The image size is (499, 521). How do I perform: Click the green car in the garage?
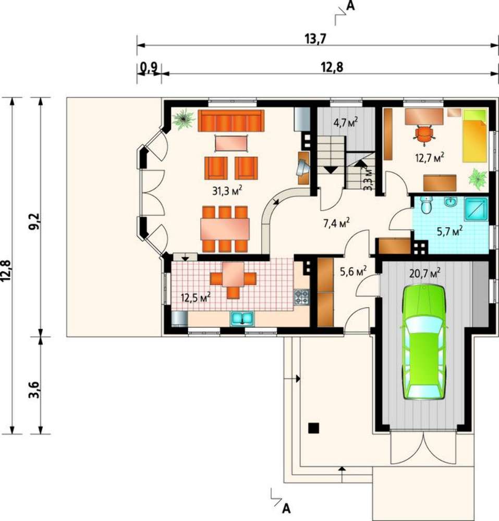424,342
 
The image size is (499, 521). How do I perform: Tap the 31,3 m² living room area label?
227,191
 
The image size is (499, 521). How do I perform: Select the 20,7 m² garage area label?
425,273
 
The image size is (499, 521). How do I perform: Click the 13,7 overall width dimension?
315,39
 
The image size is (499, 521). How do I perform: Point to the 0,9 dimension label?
148,67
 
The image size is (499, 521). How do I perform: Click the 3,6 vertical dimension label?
34,390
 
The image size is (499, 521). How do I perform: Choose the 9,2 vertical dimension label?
34,221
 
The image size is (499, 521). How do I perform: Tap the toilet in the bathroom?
426,205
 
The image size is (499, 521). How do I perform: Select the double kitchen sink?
242,318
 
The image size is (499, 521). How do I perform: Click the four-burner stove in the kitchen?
301,297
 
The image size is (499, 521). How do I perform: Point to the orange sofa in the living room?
231,121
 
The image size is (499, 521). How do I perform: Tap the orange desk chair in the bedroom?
424,135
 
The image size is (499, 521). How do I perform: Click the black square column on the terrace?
313,428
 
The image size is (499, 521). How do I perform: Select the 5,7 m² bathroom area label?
450,231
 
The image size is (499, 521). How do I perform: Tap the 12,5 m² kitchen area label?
196,297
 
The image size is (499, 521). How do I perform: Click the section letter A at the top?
350,6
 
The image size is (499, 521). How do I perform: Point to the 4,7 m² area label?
346,122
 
